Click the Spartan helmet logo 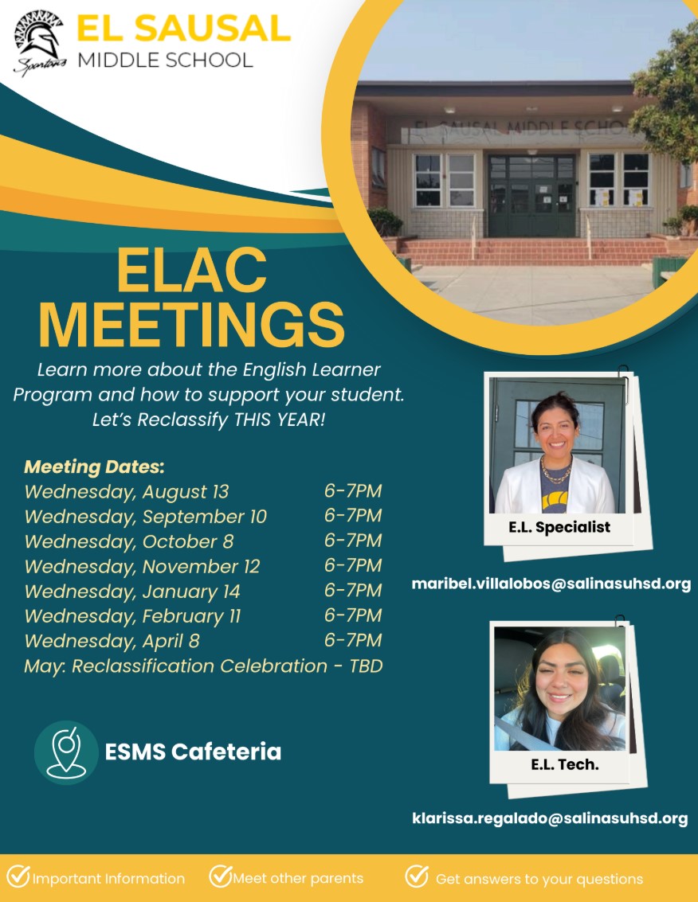tap(39, 44)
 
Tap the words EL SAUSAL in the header tap(183, 28)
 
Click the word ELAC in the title tap(192, 270)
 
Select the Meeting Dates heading tap(95, 467)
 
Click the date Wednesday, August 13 tap(127, 492)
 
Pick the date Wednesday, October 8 tap(129, 541)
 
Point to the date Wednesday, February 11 tap(132, 616)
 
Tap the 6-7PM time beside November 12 tap(352, 565)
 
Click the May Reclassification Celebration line tap(203, 666)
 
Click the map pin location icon tap(66, 752)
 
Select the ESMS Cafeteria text tap(193, 752)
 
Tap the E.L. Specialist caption tap(559, 527)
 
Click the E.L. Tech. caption tap(565, 764)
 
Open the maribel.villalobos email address tap(551, 584)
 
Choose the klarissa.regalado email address tap(550, 818)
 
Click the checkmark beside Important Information tap(18, 876)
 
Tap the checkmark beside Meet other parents tap(220, 876)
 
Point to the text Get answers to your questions tap(539, 879)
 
